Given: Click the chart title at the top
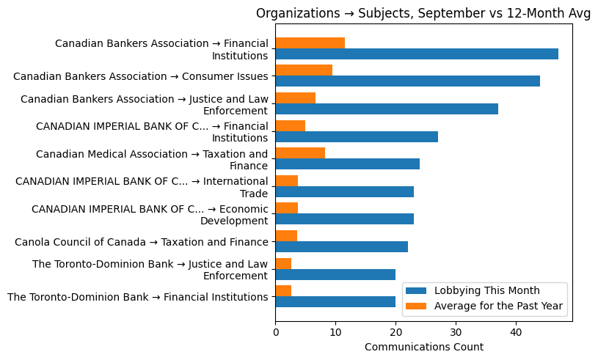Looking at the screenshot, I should point(423,13).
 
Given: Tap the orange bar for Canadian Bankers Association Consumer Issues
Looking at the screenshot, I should point(304,70).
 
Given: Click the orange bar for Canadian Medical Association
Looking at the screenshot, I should point(300,153).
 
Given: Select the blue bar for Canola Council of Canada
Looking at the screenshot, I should point(341,246).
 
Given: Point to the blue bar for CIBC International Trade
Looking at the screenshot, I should point(344,191).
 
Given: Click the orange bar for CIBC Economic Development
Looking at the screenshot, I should point(286,207).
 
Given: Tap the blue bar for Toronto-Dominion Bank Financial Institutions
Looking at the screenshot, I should point(335,301).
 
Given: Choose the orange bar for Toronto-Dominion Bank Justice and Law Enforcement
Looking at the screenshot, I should point(283,262).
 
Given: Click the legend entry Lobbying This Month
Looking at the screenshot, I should point(486,290).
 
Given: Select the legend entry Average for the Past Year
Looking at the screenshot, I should point(498,306).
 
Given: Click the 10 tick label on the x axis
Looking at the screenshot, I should point(335,332).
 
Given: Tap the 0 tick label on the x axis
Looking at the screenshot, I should point(275,332).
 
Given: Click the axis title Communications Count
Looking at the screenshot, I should point(423,347).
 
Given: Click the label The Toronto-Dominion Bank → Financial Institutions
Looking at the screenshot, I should point(137,297).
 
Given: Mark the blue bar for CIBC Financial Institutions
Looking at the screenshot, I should point(357,136).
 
